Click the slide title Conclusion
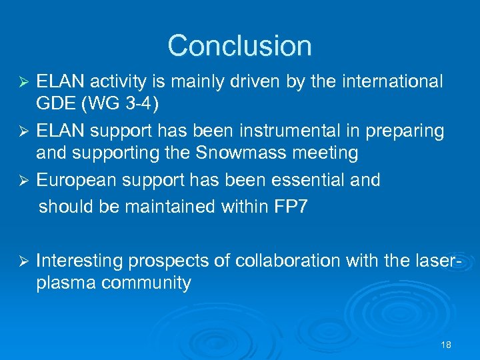coord(239,45)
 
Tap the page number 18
coord(446,345)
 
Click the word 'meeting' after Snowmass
coord(325,153)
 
